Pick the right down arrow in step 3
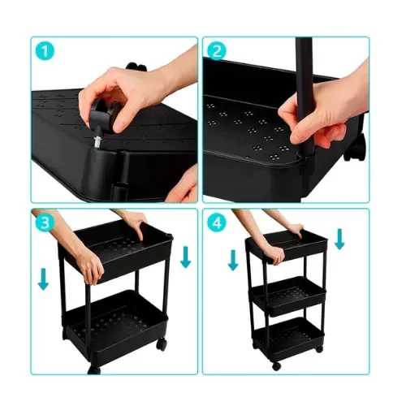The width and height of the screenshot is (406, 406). (185, 257)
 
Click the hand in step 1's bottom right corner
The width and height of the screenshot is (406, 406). (186, 187)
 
